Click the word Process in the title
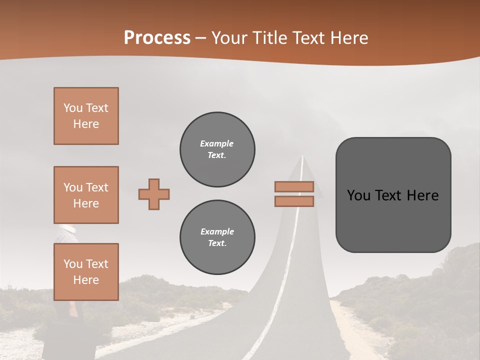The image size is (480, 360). pos(157,38)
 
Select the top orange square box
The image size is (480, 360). pos(86,116)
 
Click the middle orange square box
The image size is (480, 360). pos(86,195)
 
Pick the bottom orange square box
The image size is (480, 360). pos(86,272)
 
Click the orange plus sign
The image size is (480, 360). pos(154,194)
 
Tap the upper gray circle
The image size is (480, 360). pos(217,149)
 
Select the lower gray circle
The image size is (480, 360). pos(217,237)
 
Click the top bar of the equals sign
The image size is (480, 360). pos(294,187)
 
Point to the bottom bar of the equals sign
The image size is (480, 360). pos(294,201)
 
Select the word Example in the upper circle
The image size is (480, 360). pos(217,143)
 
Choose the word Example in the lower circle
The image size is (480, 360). pos(217,231)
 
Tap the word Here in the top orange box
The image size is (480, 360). pos(86,124)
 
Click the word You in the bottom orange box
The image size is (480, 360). pos(73,264)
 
